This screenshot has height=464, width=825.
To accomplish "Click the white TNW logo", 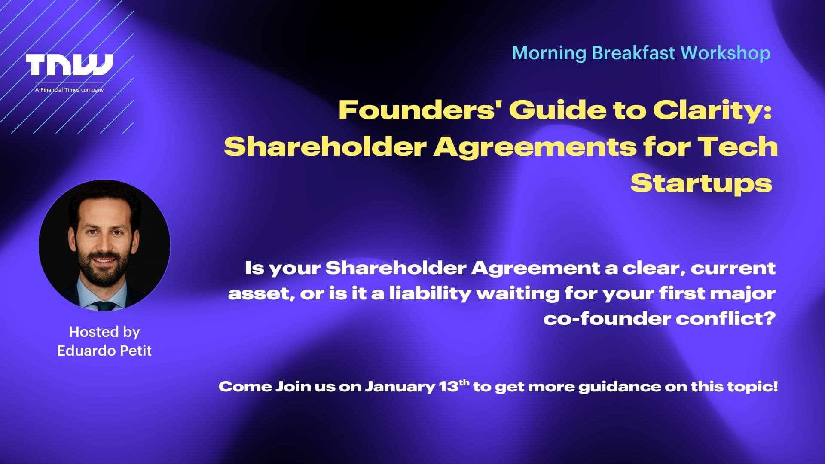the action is click(x=69, y=65).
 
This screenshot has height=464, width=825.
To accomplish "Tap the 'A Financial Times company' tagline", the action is click(x=69, y=90).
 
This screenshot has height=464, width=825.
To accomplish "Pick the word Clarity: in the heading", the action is click(x=713, y=111).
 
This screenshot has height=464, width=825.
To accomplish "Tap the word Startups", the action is click(x=701, y=183).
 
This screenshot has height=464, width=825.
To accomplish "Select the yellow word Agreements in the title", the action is click(x=535, y=147).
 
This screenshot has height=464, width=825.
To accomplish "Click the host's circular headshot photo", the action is click(x=104, y=245).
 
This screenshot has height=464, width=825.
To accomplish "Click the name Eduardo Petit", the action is click(x=104, y=351).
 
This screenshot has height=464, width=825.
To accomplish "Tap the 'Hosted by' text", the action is click(x=104, y=332).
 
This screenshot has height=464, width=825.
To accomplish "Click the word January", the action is click(x=400, y=387).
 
